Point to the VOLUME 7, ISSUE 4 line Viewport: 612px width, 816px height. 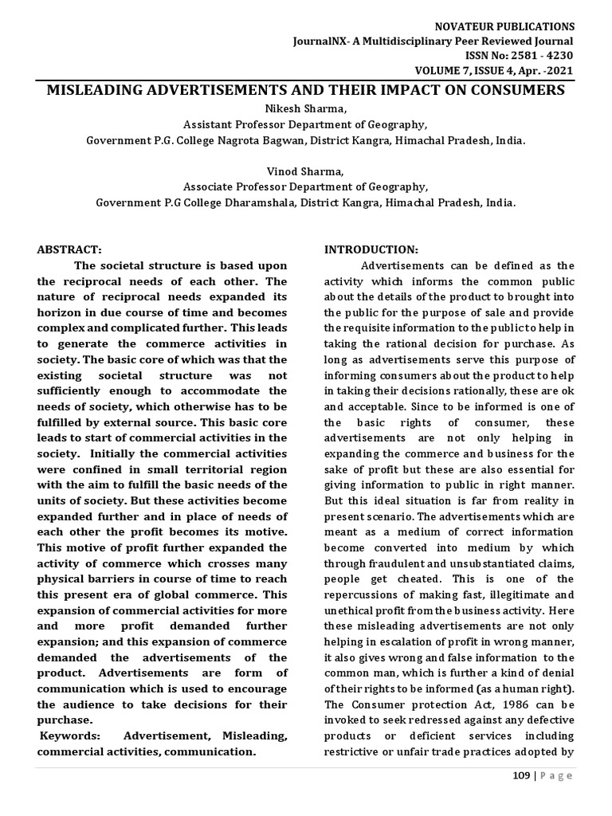(508, 69)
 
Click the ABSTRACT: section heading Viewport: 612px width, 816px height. (69, 249)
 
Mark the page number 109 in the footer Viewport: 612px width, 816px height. (521, 776)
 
